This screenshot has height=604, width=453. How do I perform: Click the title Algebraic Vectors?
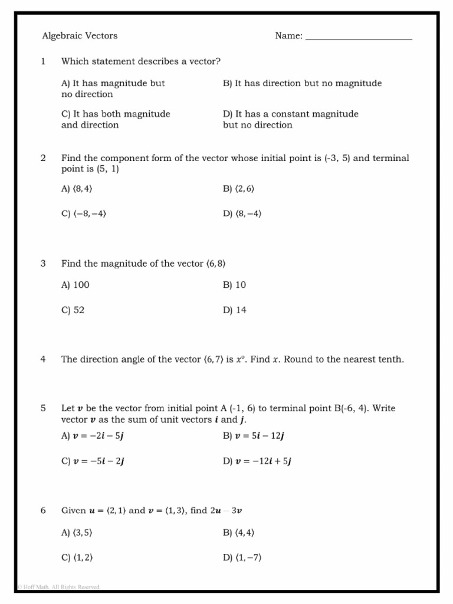coord(80,36)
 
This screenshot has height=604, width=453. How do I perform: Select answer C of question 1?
coord(116,119)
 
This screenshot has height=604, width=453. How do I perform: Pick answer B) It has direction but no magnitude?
coord(302,83)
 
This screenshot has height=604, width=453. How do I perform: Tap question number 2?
coord(43,158)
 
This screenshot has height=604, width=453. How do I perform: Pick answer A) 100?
coord(75,285)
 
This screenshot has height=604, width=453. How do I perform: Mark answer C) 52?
coord(73,310)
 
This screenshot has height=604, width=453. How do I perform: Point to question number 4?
coord(43,359)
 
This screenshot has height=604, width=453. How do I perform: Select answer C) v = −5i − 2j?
coord(93,462)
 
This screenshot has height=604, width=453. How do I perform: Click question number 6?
coord(43,510)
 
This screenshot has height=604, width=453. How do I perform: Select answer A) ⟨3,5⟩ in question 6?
coord(77,533)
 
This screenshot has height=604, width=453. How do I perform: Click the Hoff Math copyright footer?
coord(58,587)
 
